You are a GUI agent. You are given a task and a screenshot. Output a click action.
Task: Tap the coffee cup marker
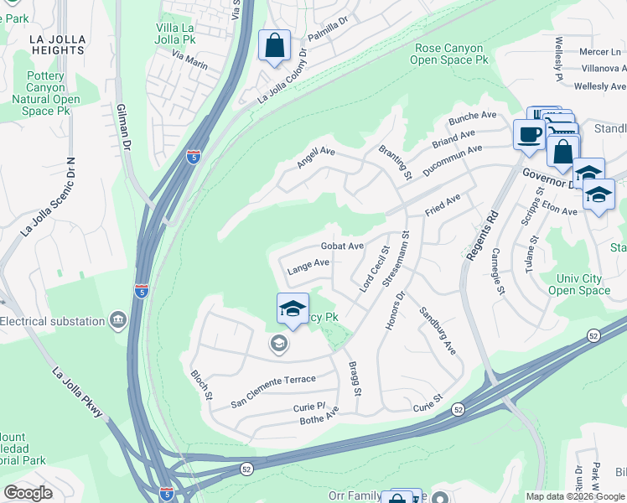coord(530,134)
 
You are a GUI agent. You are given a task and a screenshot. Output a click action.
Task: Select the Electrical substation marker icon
coord(117,320)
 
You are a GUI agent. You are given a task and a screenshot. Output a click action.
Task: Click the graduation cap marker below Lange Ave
coord(293,309)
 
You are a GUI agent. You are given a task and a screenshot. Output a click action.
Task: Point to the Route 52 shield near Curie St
coord(458,409)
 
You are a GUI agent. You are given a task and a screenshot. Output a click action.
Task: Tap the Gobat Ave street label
coord(342,246)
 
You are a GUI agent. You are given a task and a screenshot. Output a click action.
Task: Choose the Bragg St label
coord(356,379)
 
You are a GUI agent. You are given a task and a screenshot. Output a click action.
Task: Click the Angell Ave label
coord(316,157)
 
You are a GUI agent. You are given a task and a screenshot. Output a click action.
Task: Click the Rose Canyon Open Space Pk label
coord(451,54)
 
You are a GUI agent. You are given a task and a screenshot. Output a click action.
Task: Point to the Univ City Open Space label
coord(579,284)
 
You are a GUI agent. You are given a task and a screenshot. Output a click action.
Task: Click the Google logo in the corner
coord(28,492)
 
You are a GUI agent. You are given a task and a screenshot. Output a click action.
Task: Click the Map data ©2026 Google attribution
coord(574,496)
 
